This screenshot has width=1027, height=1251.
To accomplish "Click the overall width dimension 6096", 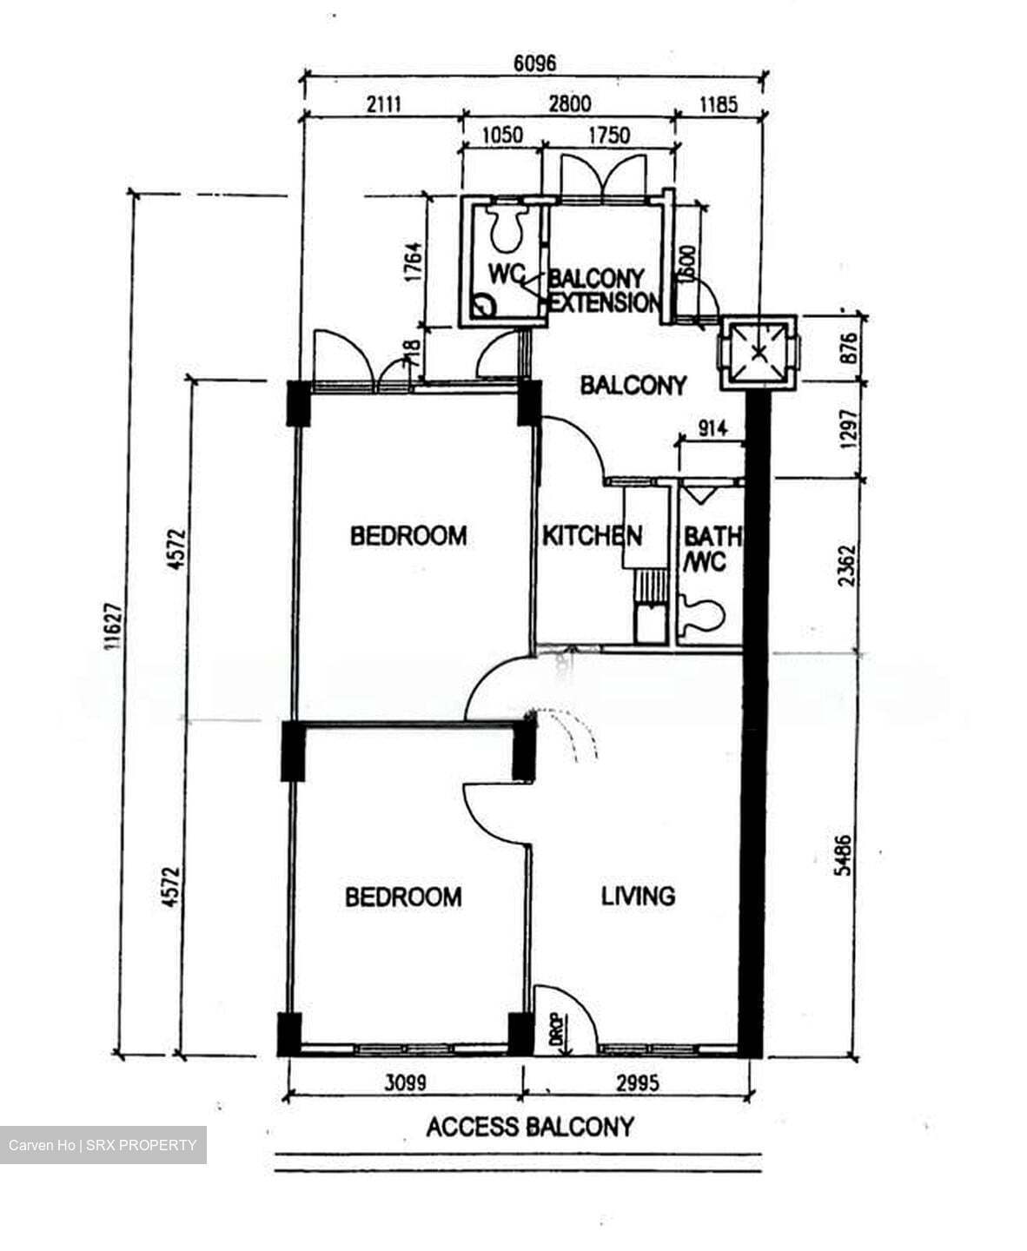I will coord(534,63).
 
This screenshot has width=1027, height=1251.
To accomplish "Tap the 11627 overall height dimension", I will coord(109,627).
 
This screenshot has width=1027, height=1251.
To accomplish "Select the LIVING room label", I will coord(638,896).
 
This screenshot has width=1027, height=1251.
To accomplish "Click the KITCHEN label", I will coord(592,536).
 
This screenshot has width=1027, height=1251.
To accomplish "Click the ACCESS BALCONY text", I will coord(530,1128).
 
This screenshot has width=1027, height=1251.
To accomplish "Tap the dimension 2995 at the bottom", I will coord(637,1083).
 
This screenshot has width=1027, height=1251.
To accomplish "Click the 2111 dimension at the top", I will coord(382,105).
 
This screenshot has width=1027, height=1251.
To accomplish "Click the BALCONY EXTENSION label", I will coord(604,290).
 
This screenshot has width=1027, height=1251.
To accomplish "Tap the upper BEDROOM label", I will coord(408,535).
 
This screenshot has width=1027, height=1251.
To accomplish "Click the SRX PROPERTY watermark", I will coord(103,1145).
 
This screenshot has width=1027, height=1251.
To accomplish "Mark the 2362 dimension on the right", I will coord(847,565).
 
